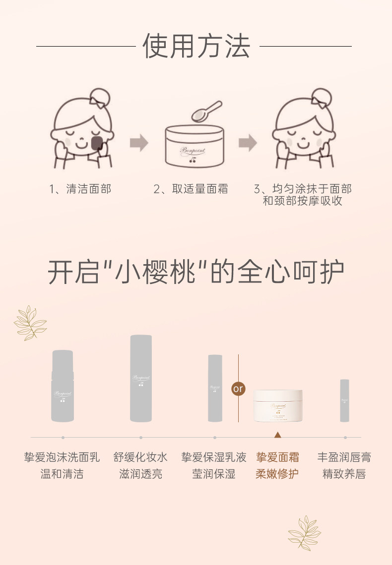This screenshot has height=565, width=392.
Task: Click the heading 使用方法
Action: [196, 46]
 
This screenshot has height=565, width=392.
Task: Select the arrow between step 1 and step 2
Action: [139, 143]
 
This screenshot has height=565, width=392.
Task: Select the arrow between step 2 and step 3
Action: [248, 143]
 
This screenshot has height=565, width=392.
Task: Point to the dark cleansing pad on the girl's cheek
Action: [98, 143]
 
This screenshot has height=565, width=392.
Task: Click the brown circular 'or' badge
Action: [238, 389]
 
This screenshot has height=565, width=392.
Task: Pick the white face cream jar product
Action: [278, 405]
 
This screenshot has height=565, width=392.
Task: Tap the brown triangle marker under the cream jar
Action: [278, 435]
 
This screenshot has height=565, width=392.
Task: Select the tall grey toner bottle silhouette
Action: [141, 378]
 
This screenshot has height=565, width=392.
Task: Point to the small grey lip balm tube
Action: [344, 400]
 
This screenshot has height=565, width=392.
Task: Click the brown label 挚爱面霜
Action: [277, 457]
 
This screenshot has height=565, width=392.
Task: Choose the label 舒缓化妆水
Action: [140, 457]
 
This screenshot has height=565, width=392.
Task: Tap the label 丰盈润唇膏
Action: [344, 457]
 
